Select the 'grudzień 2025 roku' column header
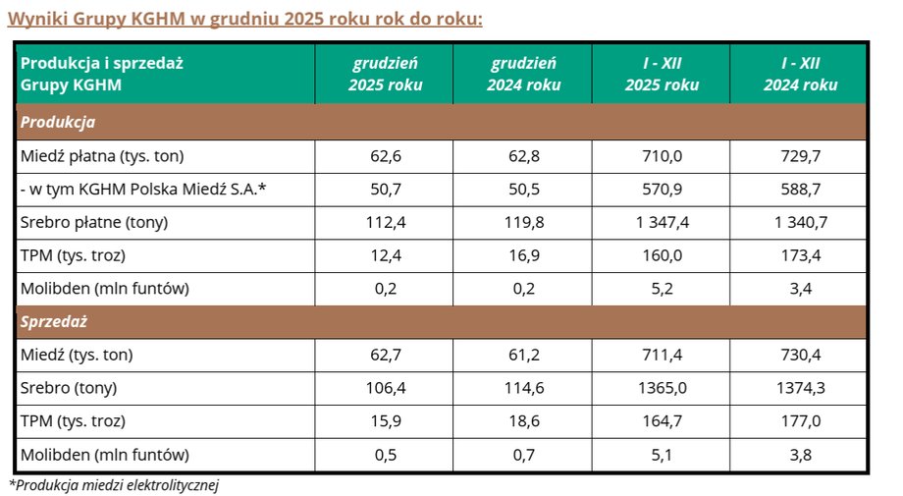(385, 74)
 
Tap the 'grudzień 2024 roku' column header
(523, 74)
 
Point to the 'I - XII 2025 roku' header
(662, 74)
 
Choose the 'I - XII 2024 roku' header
(800, 74)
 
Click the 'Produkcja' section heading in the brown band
(57, 123)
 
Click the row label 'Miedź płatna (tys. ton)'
(102, 156)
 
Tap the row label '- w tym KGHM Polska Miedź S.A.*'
(143, 189)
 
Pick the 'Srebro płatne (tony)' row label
(94, 222)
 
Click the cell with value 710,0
(662, 156)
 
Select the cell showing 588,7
(800, 189)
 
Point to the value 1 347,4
(662, 222)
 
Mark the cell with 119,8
(523, 222)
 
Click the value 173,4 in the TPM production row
(800, 255)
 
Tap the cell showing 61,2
(523, 355)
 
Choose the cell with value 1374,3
(800, 388)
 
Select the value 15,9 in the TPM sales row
(385, 421)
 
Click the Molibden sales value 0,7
(523, 455)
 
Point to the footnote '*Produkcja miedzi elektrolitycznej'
(113, 485)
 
